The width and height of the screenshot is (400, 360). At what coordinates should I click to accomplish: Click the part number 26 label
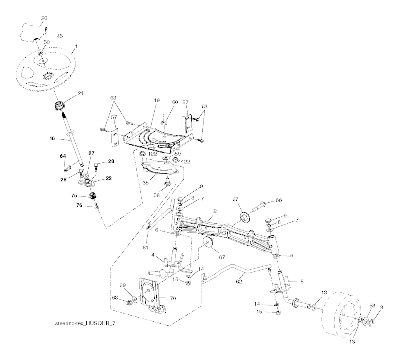point(44,18)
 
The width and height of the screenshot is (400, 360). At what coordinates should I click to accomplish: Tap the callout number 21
point(80,94)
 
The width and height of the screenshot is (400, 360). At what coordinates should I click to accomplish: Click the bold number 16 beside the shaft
point(52,139)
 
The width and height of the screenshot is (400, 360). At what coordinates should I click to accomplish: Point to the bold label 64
point(63,156)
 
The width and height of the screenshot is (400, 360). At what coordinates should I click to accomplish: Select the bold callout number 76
point(79,205)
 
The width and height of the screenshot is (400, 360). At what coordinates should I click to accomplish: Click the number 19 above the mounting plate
point(157,100)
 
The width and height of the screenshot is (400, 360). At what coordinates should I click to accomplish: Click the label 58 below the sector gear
point(156,195)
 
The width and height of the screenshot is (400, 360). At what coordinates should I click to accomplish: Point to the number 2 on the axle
point(215,211)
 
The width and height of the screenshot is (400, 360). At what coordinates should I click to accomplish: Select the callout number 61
point(145,248)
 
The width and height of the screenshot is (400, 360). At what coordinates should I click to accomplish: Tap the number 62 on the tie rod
point(239,281)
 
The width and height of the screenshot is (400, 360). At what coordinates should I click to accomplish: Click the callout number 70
point(173,298)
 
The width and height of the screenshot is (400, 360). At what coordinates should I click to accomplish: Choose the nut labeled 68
point(129,303)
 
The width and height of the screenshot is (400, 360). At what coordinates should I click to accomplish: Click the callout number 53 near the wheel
point(372,306)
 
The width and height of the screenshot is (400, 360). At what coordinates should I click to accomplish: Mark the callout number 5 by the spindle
point(302,282)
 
